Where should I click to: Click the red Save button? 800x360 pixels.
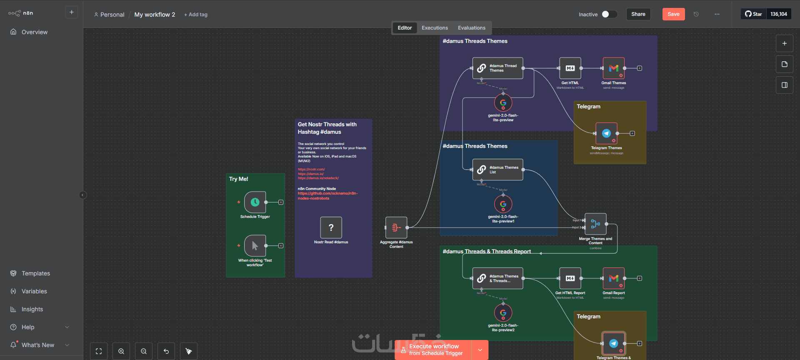pos(673,14)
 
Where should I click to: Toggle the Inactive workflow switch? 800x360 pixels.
pos(608,14)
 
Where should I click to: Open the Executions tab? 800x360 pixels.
pos(435,28)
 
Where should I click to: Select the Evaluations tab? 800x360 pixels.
pos(471,28)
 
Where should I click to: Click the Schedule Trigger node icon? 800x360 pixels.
pos(255,202)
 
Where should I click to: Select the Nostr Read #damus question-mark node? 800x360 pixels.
pos(331,227)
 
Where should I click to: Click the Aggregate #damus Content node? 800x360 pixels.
pos(396,227)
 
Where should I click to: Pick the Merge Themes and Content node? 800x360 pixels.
pos(595,224)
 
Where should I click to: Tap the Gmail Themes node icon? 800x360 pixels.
pos(613,68)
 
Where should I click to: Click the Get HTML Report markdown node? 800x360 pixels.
pos(570,278)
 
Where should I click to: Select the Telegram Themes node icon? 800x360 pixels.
pos(606,133)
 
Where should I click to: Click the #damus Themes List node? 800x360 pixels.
pos(497,170)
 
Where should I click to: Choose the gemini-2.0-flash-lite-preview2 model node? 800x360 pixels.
pos(503,313)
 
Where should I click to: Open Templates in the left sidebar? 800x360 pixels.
pos(36,273)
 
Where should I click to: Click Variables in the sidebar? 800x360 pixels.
pos(34,291)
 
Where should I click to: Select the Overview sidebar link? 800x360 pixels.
pos(35,32)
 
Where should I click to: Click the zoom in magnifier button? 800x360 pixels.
pos(121,351)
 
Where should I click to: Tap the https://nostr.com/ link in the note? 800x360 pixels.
pos(311,169)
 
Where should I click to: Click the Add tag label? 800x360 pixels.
pos(196,15)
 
